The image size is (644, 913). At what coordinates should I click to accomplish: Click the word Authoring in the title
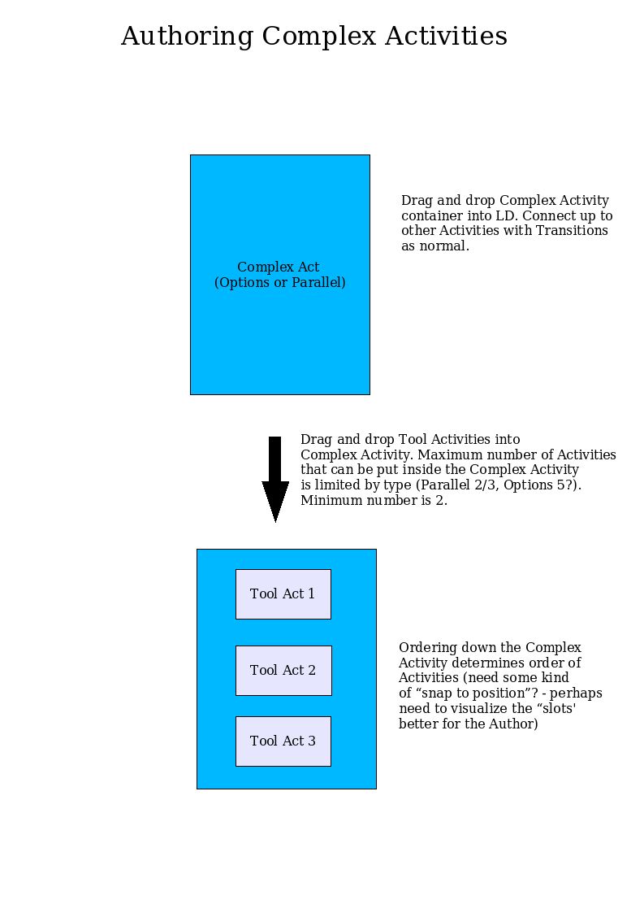coord(188,37)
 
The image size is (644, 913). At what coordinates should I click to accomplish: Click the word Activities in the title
coord(446,36)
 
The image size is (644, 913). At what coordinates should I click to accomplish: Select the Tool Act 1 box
coord(283,594)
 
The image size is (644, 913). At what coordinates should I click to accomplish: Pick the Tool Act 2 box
coord(283,670)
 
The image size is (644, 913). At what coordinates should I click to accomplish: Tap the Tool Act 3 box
coord(283,741)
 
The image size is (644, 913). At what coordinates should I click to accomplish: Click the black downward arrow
coord(275,479)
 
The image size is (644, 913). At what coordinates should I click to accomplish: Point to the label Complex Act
coord(278,267)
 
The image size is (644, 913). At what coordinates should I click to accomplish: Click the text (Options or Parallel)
coord(280,282)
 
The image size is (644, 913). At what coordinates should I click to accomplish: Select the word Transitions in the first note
coord(572,231)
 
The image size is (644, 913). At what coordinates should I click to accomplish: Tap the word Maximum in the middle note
coord(450,454)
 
